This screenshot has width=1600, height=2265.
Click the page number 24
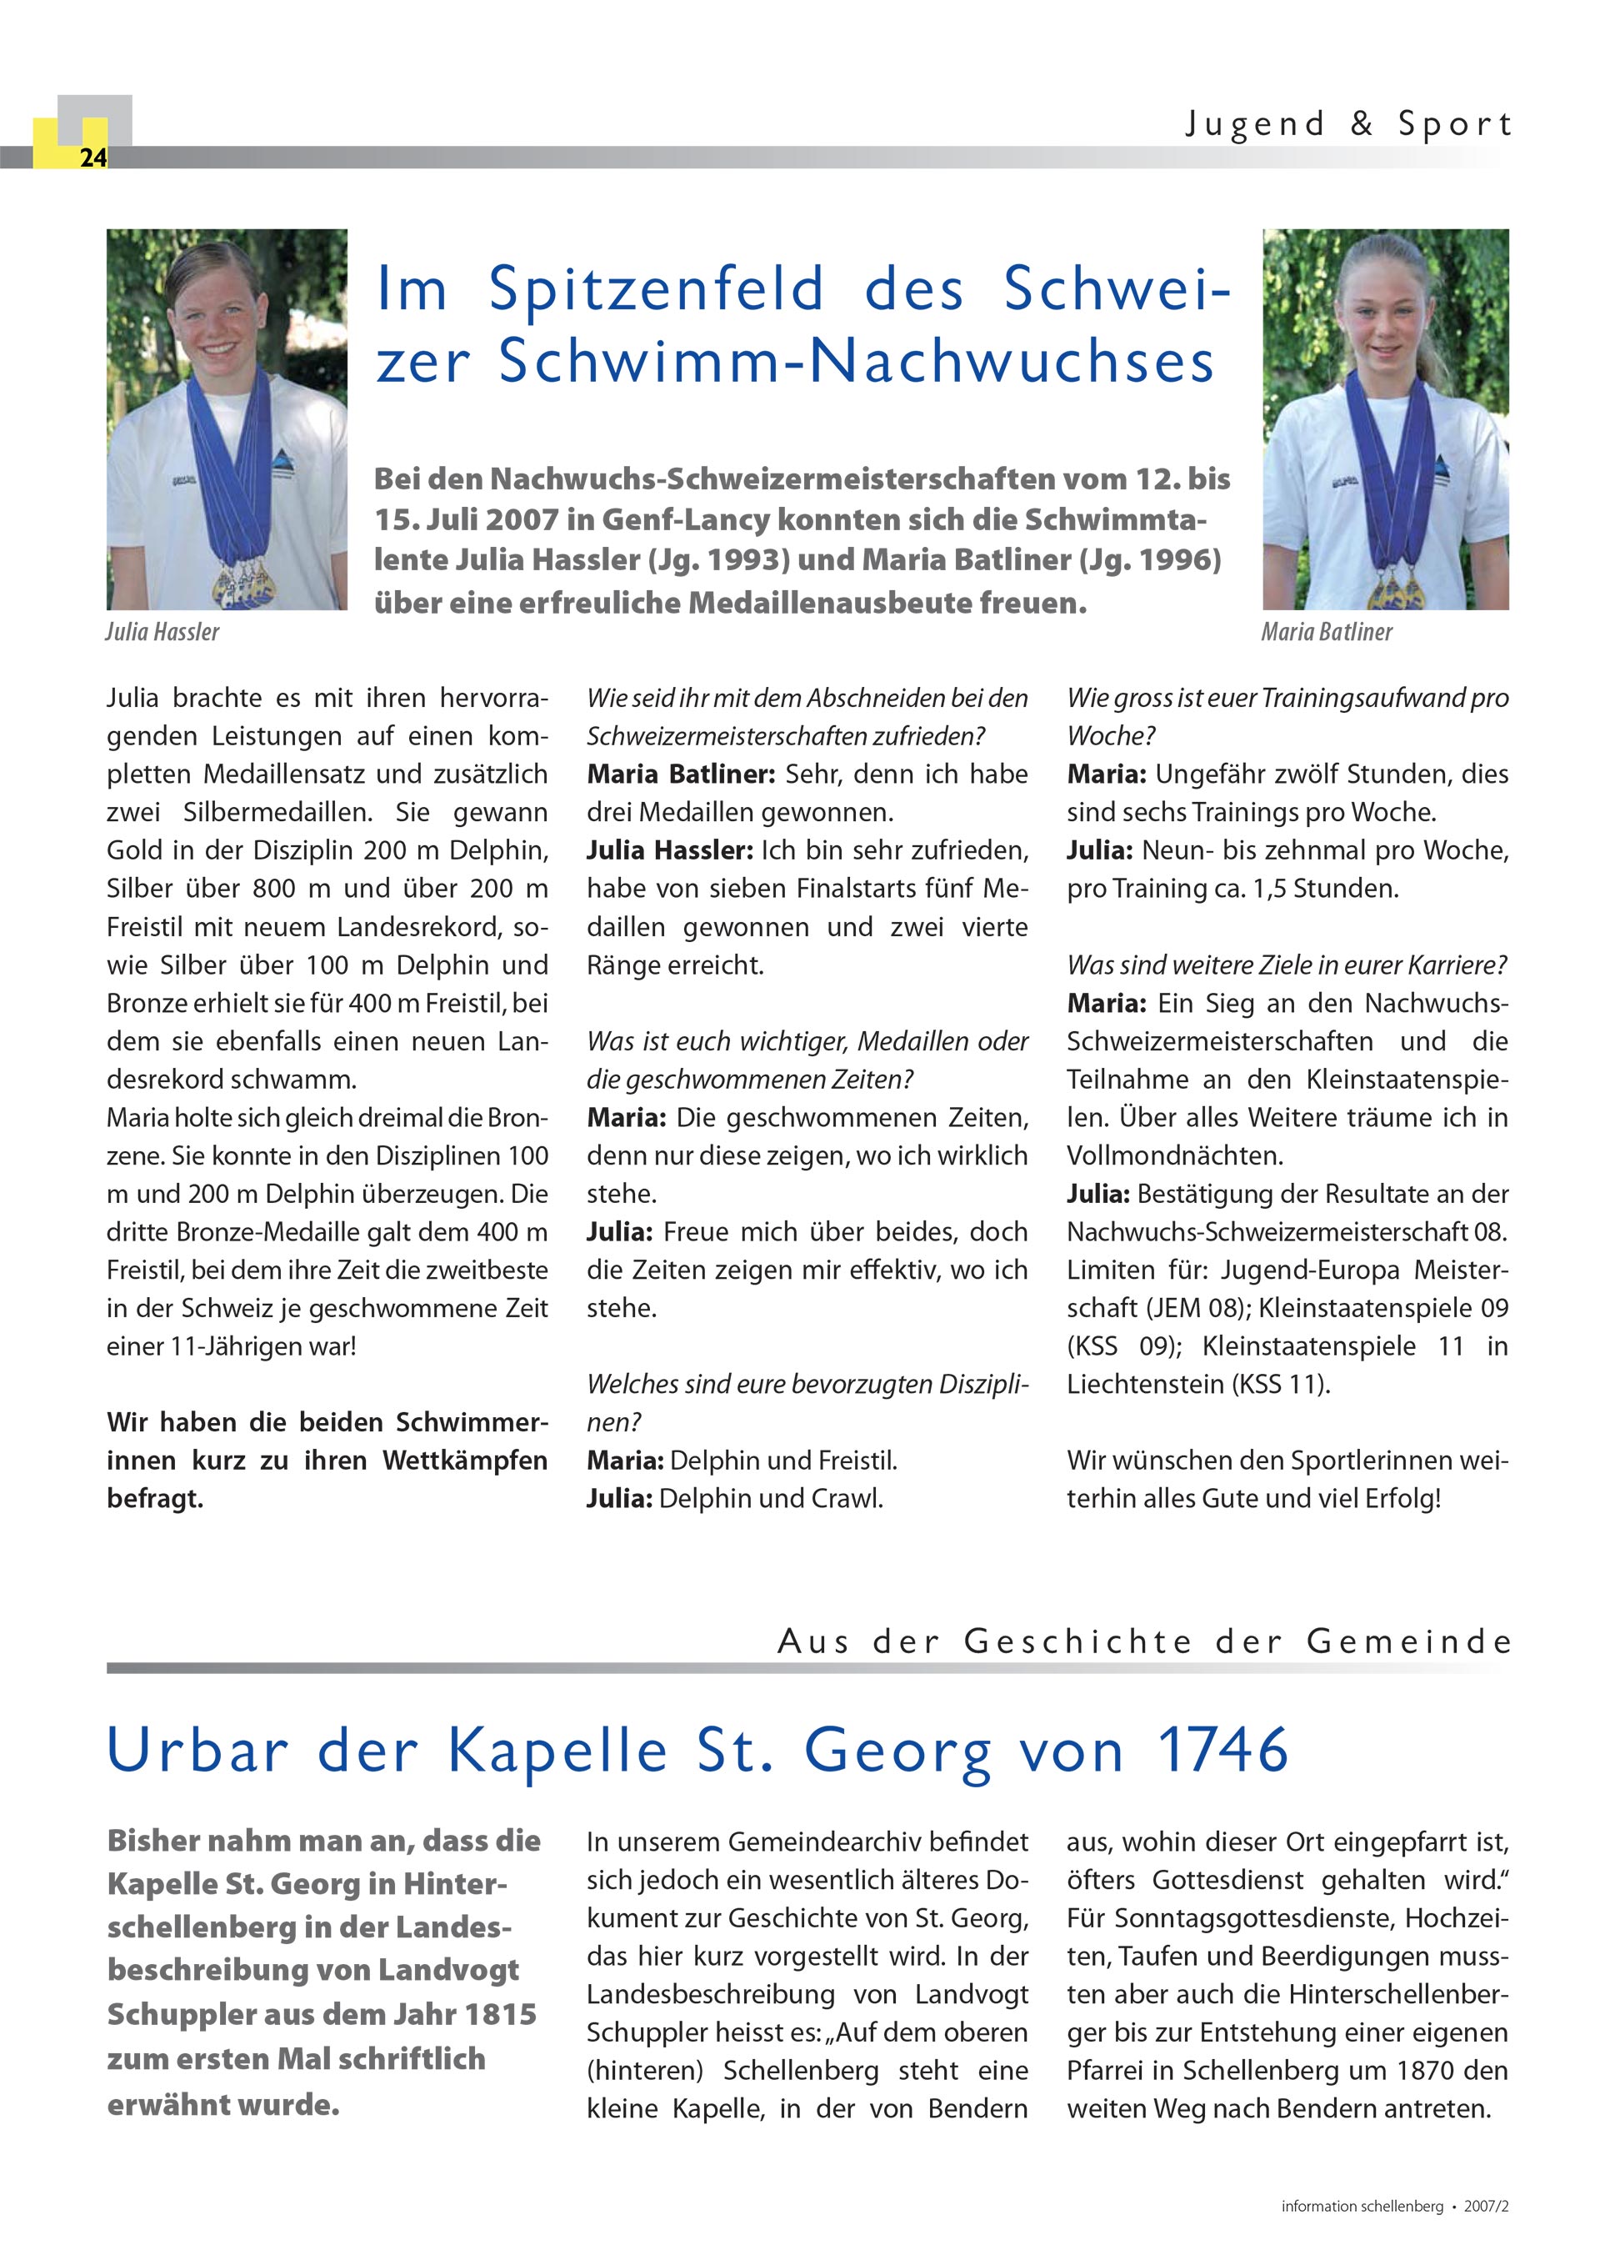(92, 158)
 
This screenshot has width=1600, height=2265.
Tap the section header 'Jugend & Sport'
(1347, 124)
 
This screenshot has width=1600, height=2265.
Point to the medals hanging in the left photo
(242, 582)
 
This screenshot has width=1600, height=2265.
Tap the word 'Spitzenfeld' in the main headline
(656, 289)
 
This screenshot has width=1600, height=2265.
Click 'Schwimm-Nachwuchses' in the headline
(856, 361)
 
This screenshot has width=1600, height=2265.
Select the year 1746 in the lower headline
(1222, 1750)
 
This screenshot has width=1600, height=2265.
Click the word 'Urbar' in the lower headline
(197, 1750)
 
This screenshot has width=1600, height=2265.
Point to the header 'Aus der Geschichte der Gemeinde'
(1143, 1641)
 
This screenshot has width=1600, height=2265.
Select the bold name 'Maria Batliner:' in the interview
(681, 774)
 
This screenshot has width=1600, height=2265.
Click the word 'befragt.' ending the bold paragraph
(155, 1499)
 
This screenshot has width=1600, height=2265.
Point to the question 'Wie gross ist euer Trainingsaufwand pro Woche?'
(1287, 716)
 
